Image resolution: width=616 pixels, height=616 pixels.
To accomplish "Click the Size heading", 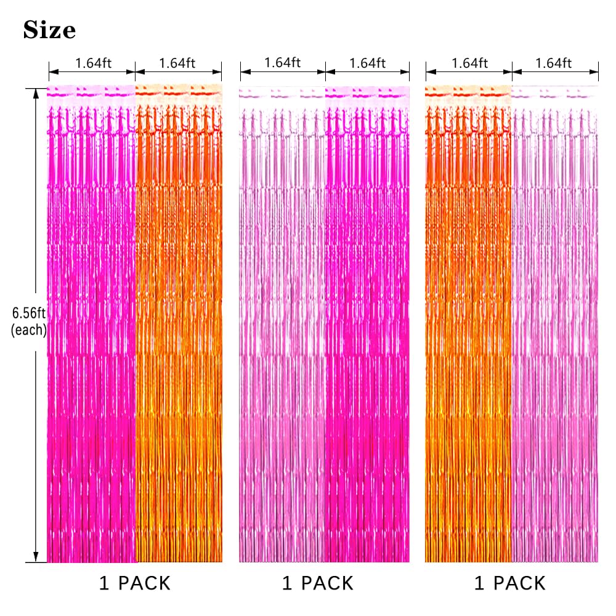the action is coord(49,30).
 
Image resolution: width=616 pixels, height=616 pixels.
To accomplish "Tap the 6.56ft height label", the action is coord(29,313).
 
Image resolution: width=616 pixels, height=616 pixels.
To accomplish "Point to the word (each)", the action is coord(29,330).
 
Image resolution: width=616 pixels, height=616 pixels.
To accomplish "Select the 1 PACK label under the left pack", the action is coord(135,583).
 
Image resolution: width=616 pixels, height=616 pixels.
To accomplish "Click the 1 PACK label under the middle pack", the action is coord(318,583).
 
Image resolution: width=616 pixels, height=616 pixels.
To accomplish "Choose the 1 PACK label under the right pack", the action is coord(510,583).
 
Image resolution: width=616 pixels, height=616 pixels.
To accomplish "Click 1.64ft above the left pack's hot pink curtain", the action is coord(93,63).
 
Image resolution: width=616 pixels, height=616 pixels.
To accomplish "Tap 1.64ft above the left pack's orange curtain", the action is coord(177,63).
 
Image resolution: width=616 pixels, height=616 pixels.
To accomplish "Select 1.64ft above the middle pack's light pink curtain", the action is coord(283,62).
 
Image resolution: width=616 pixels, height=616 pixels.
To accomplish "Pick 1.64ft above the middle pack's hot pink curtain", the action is coord(367,63).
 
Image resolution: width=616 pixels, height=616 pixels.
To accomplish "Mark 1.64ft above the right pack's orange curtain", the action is coord(469,63).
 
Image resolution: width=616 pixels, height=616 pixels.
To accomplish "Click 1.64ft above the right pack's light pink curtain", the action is coord(554,63).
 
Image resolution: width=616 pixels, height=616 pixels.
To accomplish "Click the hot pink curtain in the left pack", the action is coord(91,323).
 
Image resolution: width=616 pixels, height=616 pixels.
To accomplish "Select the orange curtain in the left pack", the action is coord(179,323).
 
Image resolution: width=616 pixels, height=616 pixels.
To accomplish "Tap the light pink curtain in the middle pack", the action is coord(282,324).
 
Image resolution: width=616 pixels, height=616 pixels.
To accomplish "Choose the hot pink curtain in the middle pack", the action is coord(367,324).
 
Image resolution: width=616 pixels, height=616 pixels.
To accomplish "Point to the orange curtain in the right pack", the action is coord(468,323).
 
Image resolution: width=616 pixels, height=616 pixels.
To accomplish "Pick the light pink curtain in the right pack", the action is coord(555,323).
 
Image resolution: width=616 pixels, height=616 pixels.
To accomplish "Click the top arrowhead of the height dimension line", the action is coord(36,94).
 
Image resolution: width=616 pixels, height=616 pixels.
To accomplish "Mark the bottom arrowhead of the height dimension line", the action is coord(36,557).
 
